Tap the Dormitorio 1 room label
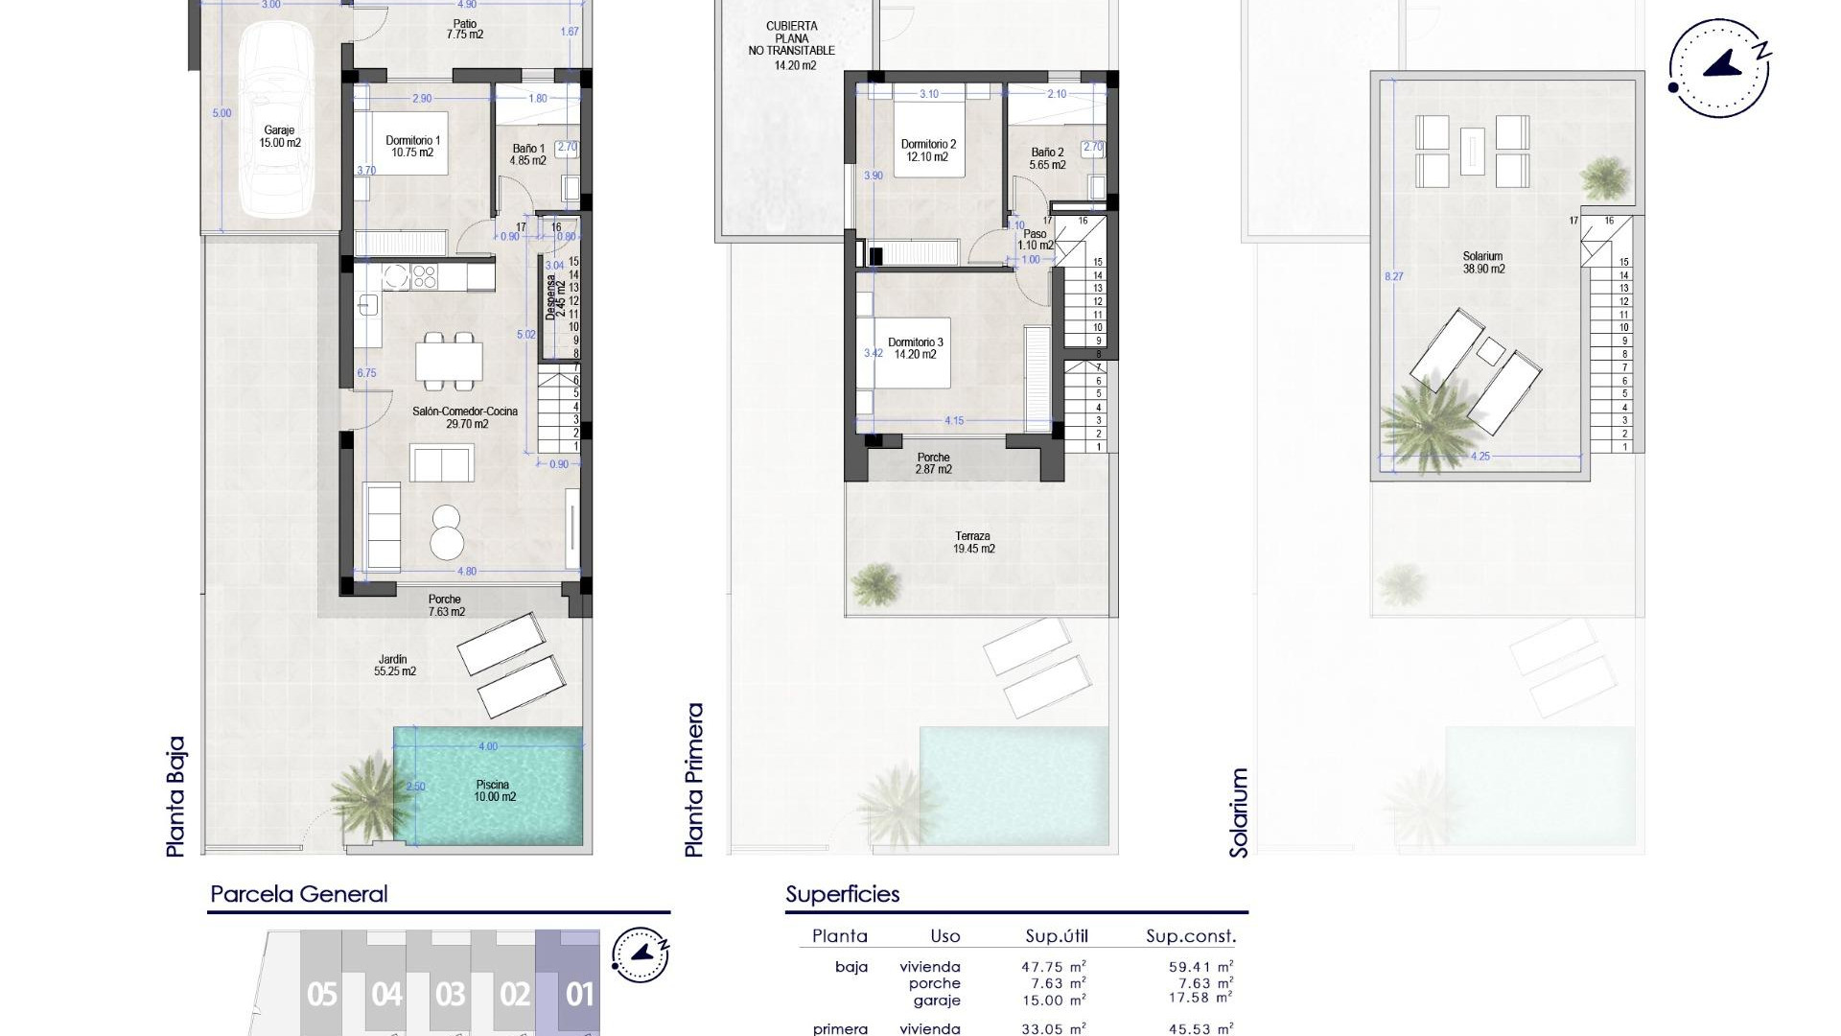coord(413,146)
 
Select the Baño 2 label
coord(1047,158)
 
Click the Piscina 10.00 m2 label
coord(495,790)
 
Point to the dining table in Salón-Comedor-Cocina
coord(449,362)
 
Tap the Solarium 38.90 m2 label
coord(1482,263)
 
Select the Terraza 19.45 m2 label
coord(972,543)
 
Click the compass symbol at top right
coord(1719,69)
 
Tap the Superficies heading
coord(842,894)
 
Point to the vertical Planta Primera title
coord(694,780)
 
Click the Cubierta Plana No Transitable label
coord(791,45)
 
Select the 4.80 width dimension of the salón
coord(466,572)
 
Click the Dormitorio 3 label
coord(915,348)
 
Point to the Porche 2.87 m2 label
coord(932,463)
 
